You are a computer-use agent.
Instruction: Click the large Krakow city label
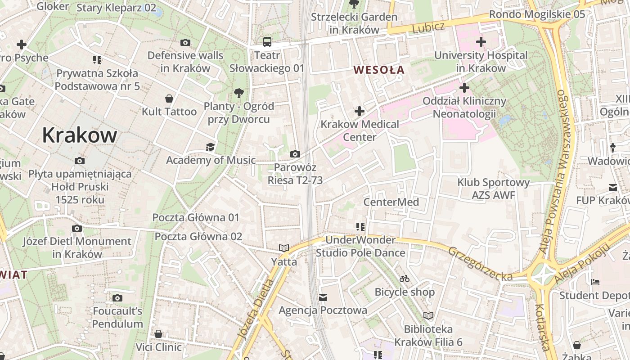80,135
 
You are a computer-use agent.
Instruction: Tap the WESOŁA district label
379,70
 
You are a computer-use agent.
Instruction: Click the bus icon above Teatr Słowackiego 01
267,42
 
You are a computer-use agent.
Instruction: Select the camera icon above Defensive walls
185,43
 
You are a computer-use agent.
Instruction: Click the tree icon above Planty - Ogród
238,93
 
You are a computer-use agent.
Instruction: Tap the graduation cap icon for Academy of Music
210,147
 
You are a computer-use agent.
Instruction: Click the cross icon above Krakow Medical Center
360,111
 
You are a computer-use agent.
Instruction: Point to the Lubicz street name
428,27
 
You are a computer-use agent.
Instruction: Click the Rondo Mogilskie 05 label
537,14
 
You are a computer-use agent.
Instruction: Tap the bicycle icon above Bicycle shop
405,279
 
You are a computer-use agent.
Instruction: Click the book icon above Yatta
283,248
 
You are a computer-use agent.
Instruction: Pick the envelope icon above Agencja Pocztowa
323,297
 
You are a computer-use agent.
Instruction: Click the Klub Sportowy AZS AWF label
493,189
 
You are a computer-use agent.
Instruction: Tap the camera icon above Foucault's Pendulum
117,298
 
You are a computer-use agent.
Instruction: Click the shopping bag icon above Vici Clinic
158,334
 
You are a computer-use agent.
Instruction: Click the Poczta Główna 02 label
198,236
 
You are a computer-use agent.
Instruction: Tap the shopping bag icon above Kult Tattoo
169,98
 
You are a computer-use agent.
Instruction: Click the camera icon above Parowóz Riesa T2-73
295,154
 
